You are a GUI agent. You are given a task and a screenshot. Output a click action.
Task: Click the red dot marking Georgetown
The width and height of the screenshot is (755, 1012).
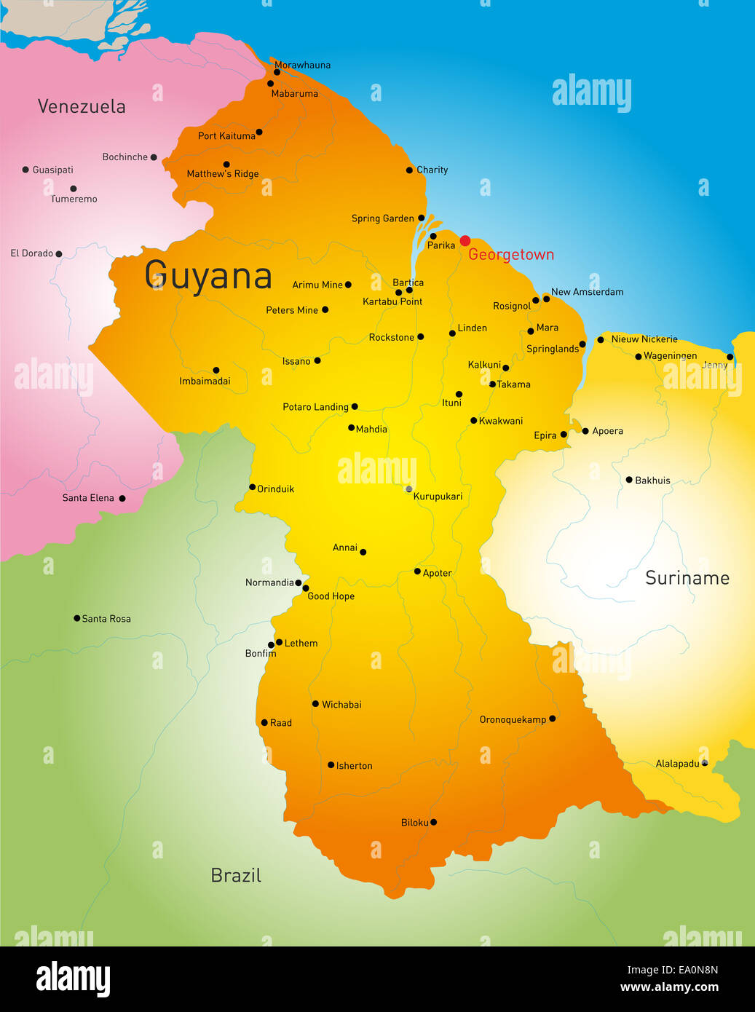coord(465,241)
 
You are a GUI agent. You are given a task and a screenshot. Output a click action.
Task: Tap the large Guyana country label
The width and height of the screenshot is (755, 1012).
coord(208,276)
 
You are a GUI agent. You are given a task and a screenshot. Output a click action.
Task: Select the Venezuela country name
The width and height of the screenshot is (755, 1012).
coord(82,106)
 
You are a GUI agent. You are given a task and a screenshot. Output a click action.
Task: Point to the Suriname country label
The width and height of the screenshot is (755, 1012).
coord(687,578)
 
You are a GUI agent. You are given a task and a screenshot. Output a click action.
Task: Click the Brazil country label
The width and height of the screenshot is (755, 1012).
coord(235,875)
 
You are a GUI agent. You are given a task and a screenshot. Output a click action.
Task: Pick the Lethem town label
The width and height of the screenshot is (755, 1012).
coord(301,643)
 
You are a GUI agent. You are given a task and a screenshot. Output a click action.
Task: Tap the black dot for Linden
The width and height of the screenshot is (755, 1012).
coord(452,333)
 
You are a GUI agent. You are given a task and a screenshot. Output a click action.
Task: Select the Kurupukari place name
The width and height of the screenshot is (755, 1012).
coord(438,497)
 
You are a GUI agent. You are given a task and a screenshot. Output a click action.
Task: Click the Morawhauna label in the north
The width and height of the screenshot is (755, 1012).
coord(302,65)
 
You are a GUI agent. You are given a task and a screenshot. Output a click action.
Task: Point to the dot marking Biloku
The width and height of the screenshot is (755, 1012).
coord(433,822)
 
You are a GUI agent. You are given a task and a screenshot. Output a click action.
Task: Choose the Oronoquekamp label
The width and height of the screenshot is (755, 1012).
coord(513,719)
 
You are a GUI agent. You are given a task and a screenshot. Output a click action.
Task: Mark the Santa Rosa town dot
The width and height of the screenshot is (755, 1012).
coord(76,618)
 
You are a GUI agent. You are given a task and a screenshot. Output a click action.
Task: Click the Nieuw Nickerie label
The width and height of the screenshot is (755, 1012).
coord(644,339)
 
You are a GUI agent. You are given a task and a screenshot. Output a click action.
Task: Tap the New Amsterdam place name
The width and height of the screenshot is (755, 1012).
coord(587,292)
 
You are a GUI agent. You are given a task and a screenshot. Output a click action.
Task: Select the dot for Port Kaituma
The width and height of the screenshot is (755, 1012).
coord(258,132)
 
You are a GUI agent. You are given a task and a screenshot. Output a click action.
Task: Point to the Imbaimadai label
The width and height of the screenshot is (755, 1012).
coord(205,381)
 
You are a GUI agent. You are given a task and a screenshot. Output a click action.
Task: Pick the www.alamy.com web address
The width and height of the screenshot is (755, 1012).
coord(669,987)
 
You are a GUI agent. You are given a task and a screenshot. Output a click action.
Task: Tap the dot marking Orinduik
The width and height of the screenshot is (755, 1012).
coord(252,487)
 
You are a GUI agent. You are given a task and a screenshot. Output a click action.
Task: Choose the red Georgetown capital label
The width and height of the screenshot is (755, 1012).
coord(511,255)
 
